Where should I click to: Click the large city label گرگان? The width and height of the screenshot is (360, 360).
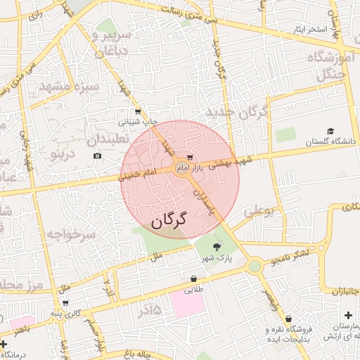coord(169,220)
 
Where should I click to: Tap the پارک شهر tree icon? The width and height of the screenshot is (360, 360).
coord(216,245)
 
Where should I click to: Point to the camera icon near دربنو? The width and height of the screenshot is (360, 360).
coord(97,155)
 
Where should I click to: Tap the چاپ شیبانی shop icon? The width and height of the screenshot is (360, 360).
coord(137,111)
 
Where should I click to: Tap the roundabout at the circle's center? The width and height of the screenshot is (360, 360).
coord(181,169)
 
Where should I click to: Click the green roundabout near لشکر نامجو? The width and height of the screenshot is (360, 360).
coord(254,266)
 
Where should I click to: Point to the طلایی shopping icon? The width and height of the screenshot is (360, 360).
coord(193,278)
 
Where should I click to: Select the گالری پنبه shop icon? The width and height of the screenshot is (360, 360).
coord(65,303)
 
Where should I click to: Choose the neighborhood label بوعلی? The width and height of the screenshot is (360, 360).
coord(257,211)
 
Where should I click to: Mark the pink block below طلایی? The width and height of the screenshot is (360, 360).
coord(187,304)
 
